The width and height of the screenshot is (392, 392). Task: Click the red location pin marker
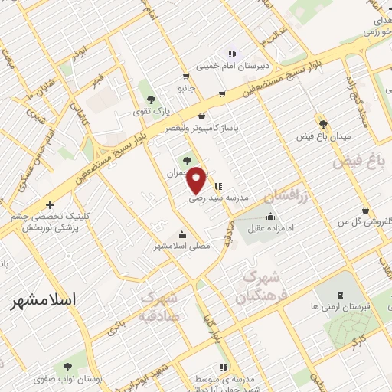[197, 180]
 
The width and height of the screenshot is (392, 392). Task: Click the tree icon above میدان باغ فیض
[324, 123]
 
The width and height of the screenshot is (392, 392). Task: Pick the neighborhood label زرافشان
[285, 198]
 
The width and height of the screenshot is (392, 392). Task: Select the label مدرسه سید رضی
[220, 197]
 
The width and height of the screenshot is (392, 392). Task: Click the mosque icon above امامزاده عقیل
[270, 216]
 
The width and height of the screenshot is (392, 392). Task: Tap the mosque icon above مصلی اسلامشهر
[181, 234]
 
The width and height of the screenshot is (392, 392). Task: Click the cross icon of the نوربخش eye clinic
[50, 204]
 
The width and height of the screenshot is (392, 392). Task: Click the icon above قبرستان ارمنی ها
[341, 295]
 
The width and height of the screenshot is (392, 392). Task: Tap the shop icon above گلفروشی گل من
[366, 211]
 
